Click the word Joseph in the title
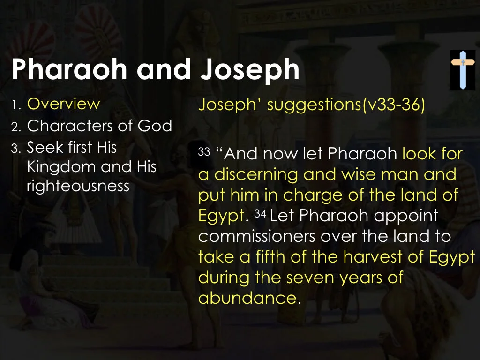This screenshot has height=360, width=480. click(249, 70)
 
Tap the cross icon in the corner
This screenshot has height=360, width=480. click(462, 70)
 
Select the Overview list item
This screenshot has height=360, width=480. click(63, 104)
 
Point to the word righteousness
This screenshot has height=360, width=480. click(78, 186)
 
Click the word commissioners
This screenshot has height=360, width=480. click(256, 236)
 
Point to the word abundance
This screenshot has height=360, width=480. click(247, 298)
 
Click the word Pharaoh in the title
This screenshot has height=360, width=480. click(69, 70)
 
